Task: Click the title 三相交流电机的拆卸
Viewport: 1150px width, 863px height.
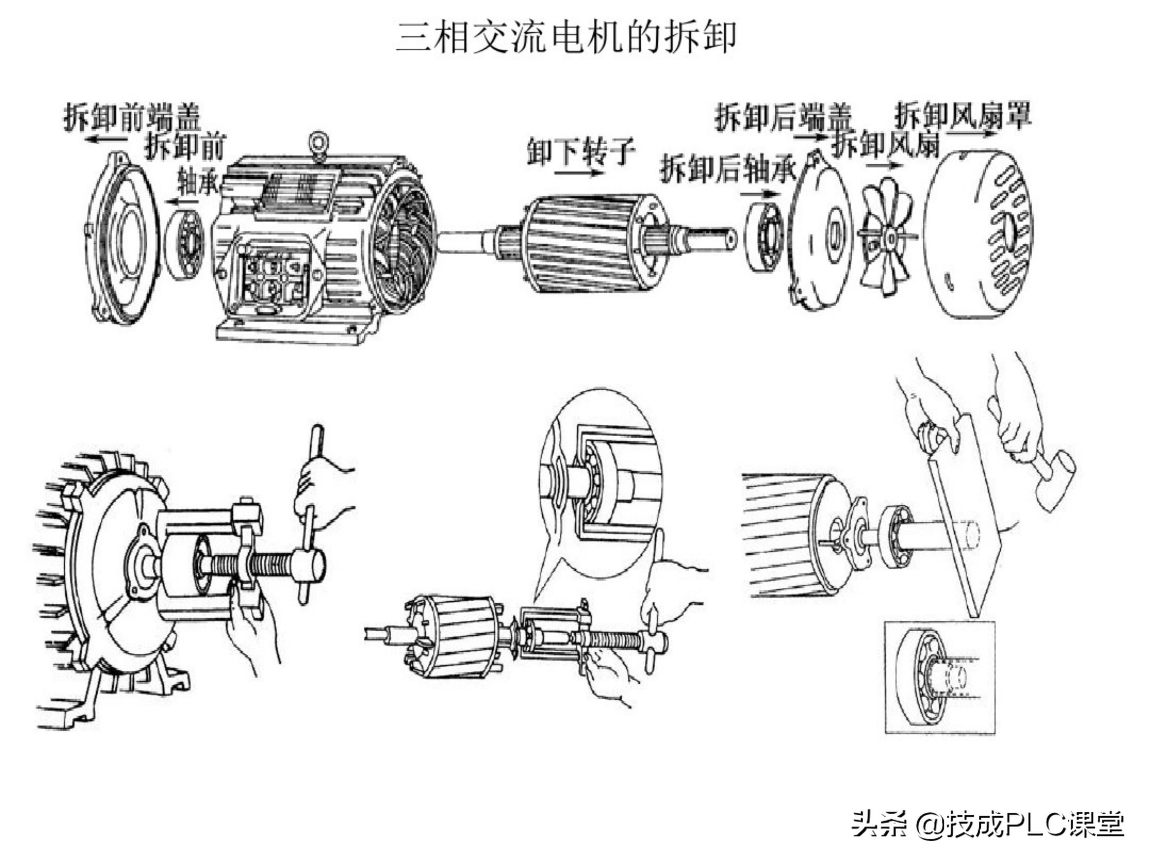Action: (x=566, y=38)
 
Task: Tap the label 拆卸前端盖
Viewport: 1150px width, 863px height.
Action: (x=132, y=117)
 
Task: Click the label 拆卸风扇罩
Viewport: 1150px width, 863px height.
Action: (x=962, y=115)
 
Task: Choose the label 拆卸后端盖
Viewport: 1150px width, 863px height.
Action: (x=783, y=117)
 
